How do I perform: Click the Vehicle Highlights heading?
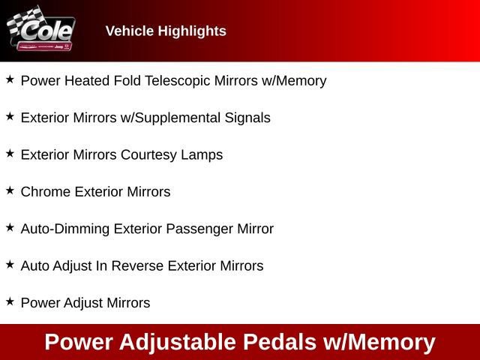pos(166,31)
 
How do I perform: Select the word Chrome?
pos(43,192)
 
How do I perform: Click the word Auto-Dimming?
pos(65,229)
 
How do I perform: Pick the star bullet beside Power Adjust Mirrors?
pos(10,301)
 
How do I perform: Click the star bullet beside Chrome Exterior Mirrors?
pos(10,190)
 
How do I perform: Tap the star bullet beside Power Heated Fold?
pos(10,79)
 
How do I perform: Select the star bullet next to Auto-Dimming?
pos(10,227)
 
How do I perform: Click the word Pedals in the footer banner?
pos(279,342)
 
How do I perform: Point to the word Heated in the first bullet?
pos(85,81)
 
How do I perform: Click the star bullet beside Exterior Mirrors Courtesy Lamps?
pos(10,154)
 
